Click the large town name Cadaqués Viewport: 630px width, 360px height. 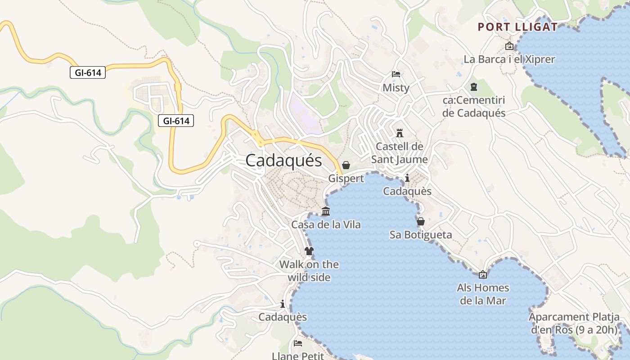click(x=283, y=161)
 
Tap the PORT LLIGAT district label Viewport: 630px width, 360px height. click(x=517, y=27)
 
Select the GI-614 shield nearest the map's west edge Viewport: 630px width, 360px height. click(x=88, y=72)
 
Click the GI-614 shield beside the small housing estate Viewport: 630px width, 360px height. click(x=176, y=121)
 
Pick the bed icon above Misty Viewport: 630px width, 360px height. click(x=396, y=74)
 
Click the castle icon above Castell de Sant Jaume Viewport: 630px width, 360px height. click(x=400, y=133)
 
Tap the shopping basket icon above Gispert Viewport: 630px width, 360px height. click(x=346, y=165)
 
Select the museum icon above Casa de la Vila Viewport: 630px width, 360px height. click(x=326, y=211)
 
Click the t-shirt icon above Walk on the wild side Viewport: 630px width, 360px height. click(x=309, y=251)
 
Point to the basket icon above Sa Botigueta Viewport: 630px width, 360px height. click(x=421, y=221)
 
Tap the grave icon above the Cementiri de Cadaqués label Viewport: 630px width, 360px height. click(x=474, y=86)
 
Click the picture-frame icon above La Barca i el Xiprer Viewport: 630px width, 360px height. click(x=509, y=46)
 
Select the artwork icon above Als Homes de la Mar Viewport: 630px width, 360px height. click(x=483, y=274)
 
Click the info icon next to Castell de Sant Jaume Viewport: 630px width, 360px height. click(x=407, y=178)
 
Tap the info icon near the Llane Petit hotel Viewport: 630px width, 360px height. click(x=283, y=304)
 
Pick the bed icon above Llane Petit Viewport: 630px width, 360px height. click(x=298, y=343)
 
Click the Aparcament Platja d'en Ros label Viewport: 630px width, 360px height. click(x=574, y=323)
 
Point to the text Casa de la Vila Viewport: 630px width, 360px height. click(x=326, y=225)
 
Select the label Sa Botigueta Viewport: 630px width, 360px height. click(x=421, y=235)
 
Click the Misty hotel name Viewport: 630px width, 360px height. click(x=396, y=88)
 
